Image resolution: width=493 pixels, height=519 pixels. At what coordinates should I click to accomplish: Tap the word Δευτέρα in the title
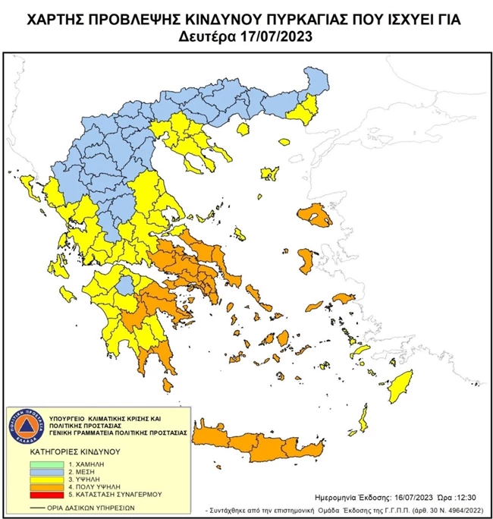tap(212, 36)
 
